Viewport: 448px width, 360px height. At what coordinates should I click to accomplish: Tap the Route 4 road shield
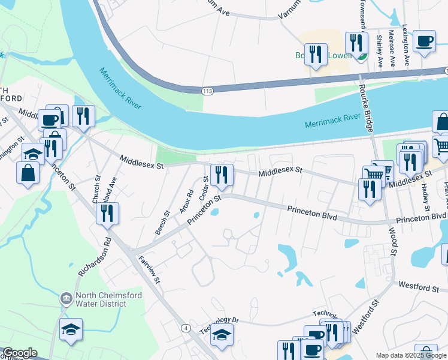[187, 328]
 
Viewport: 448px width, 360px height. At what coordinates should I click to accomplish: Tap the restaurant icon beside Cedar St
[222, 175]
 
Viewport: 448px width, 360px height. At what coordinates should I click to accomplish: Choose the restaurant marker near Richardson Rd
[107, 214]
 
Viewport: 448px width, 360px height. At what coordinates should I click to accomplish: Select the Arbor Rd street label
[187, 202]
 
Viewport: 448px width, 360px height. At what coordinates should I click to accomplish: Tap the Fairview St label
[150, 269]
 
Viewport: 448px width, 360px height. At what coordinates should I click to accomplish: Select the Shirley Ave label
[379, 50]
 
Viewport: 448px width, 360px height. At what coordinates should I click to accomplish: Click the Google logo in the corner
[20, 353]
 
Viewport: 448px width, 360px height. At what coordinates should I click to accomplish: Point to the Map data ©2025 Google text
[410, 355]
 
